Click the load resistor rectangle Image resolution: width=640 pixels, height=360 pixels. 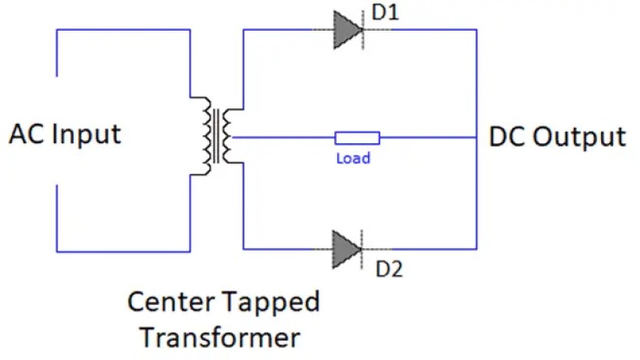click(x=357, y=138)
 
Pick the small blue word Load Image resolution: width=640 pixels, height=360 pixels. click(x=353, y=159)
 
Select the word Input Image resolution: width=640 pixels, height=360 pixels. click(x=86, y=135)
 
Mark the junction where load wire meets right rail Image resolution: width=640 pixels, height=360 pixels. click(x=477, y=138)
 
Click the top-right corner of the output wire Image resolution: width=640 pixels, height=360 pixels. click(x=477, y=30)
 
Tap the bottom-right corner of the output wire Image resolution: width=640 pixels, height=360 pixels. click(x=477, y=248)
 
